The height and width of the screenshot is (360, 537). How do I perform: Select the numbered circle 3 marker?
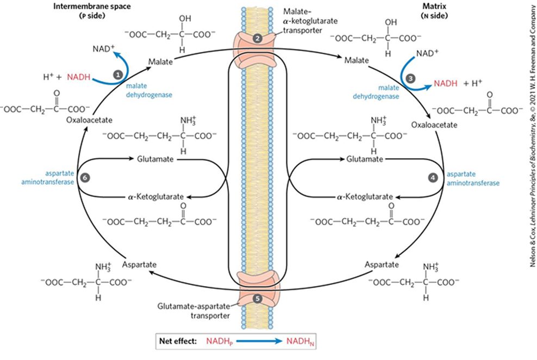(411, 78)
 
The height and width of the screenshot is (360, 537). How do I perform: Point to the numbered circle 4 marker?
(433, 177)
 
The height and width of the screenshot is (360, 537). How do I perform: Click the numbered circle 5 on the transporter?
(258, 298)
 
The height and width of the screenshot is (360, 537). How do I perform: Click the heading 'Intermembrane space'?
(86, 7)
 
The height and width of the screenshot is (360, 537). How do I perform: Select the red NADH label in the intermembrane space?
(78, 78)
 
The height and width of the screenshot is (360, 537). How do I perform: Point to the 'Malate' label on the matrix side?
(356, 61)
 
